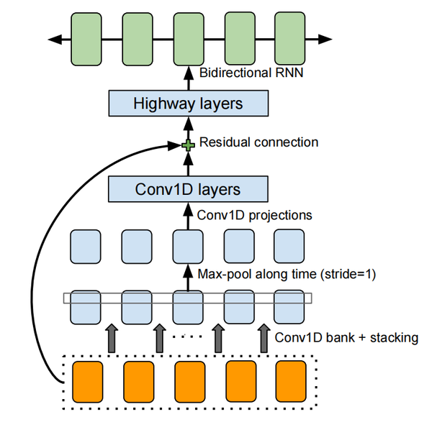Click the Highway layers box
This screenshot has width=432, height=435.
point(187,104)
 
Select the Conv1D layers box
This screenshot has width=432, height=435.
point(187,190)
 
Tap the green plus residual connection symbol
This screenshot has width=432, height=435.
point(188,146)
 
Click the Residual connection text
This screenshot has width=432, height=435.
point(258,142)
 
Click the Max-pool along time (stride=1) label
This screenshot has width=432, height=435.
point(287,274)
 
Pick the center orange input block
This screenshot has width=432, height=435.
point(188,381)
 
